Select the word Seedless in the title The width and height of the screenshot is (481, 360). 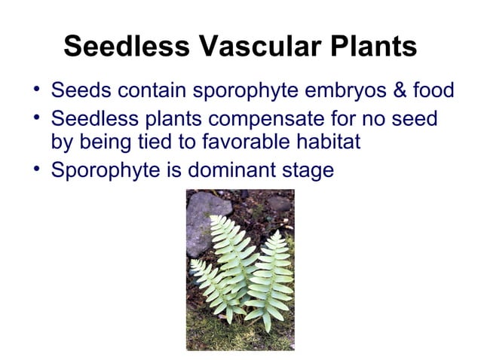tap(126, 47)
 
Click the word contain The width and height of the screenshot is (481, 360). tap(148, 91)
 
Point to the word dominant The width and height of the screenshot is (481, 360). tap(231, 170)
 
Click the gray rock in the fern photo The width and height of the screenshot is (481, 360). tap(203, 219)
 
